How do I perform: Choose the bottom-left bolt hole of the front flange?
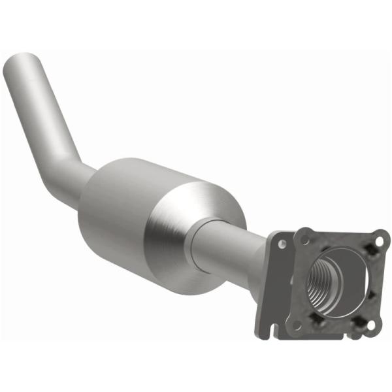[x=297, y=323]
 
